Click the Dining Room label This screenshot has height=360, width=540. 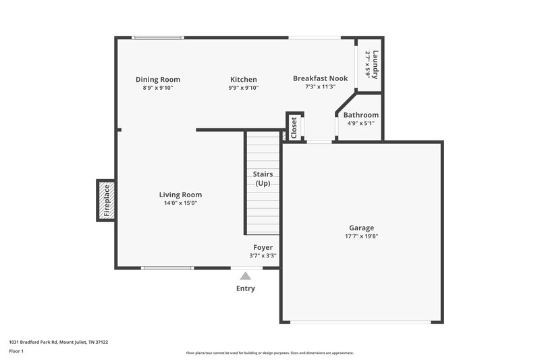coord(157,79)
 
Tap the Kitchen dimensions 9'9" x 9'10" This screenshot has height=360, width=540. coord(243,88)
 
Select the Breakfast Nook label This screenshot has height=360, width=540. coord(320,78)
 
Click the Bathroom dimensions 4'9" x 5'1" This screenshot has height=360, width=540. coord(362,124)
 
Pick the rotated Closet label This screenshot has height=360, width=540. coord(294,127)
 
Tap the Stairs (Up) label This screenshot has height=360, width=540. coord(263,179)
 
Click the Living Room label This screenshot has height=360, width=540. coord(180,195)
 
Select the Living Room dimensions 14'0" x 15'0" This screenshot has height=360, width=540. coord(180,203)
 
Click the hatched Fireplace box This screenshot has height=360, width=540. coord(105,200)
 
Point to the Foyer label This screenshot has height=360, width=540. coord(263,247)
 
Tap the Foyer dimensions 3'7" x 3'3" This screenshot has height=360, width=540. coord(263,256)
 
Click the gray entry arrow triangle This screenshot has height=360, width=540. coord(246,276)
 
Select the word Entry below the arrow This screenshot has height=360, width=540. coord(246,288)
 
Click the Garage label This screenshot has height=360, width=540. coord(361,228)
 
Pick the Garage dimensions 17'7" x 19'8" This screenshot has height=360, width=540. coord(361,236)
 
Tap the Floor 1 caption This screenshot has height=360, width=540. coord(17,352)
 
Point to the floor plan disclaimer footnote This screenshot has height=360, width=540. coord(270,353)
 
